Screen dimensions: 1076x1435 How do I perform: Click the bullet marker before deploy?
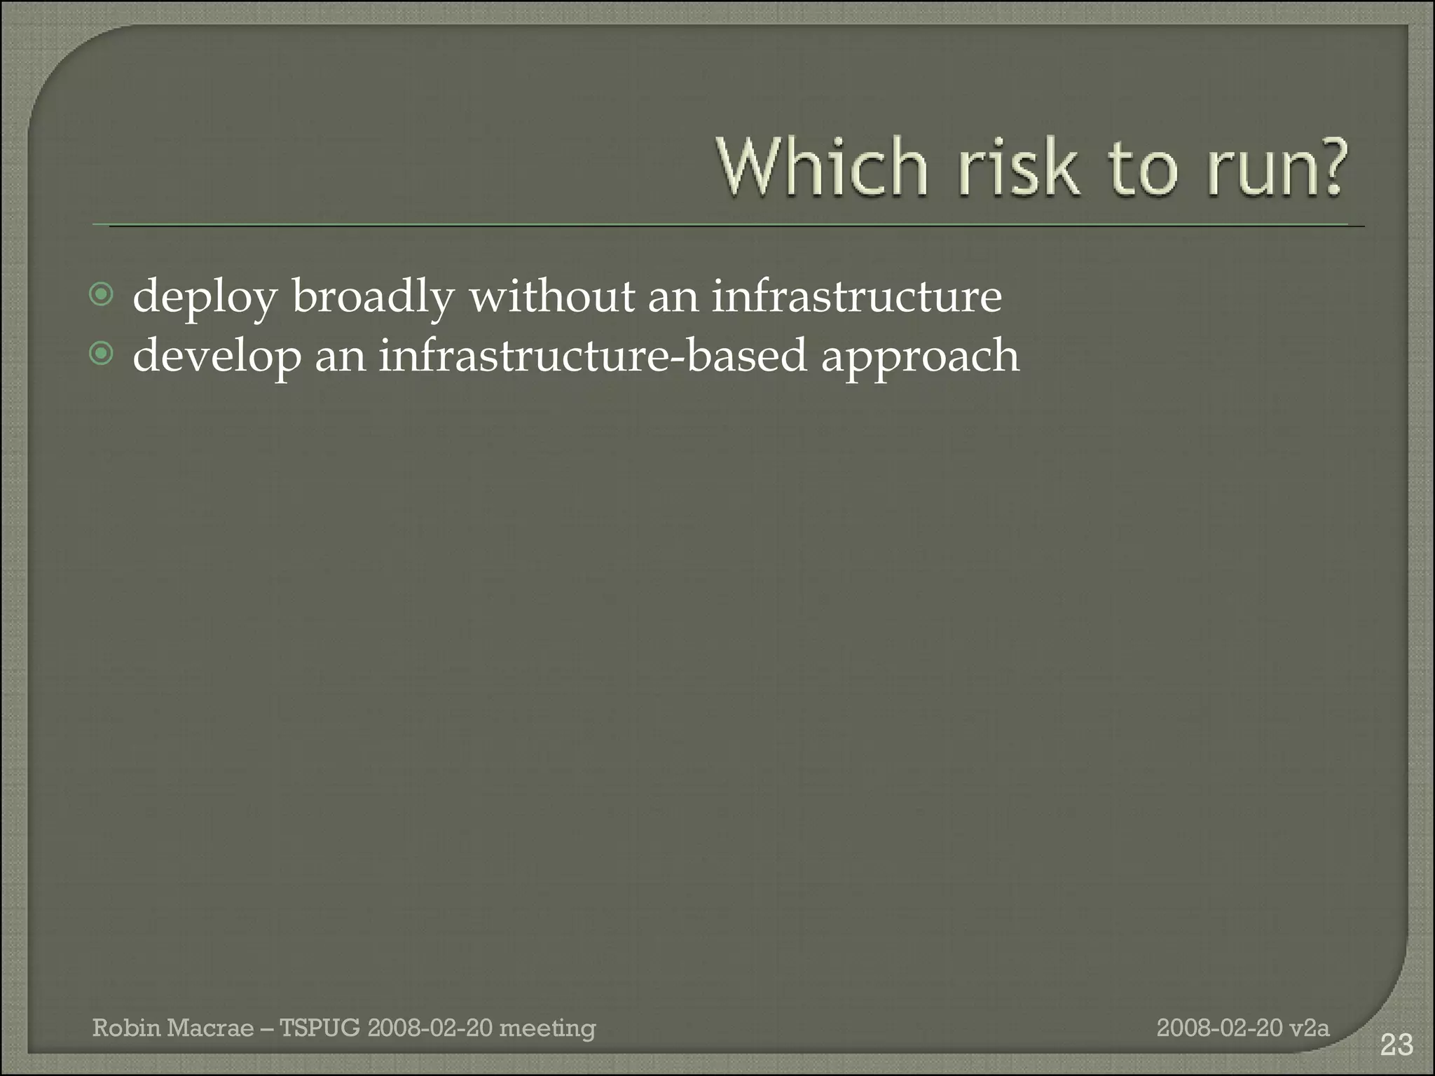click(x=102, y=295)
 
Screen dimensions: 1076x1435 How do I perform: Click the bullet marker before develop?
click(x=102, y=354)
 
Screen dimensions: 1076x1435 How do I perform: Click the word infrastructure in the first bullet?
click(x=856, y=296)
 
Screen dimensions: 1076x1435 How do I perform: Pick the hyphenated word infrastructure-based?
click(x=593, y=354)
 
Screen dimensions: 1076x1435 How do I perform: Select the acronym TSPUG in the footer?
click(x=320, y=1028)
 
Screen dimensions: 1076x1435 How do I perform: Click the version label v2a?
click(x=1309, y=1028)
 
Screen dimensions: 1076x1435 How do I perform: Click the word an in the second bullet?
click(x=341, y=356)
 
